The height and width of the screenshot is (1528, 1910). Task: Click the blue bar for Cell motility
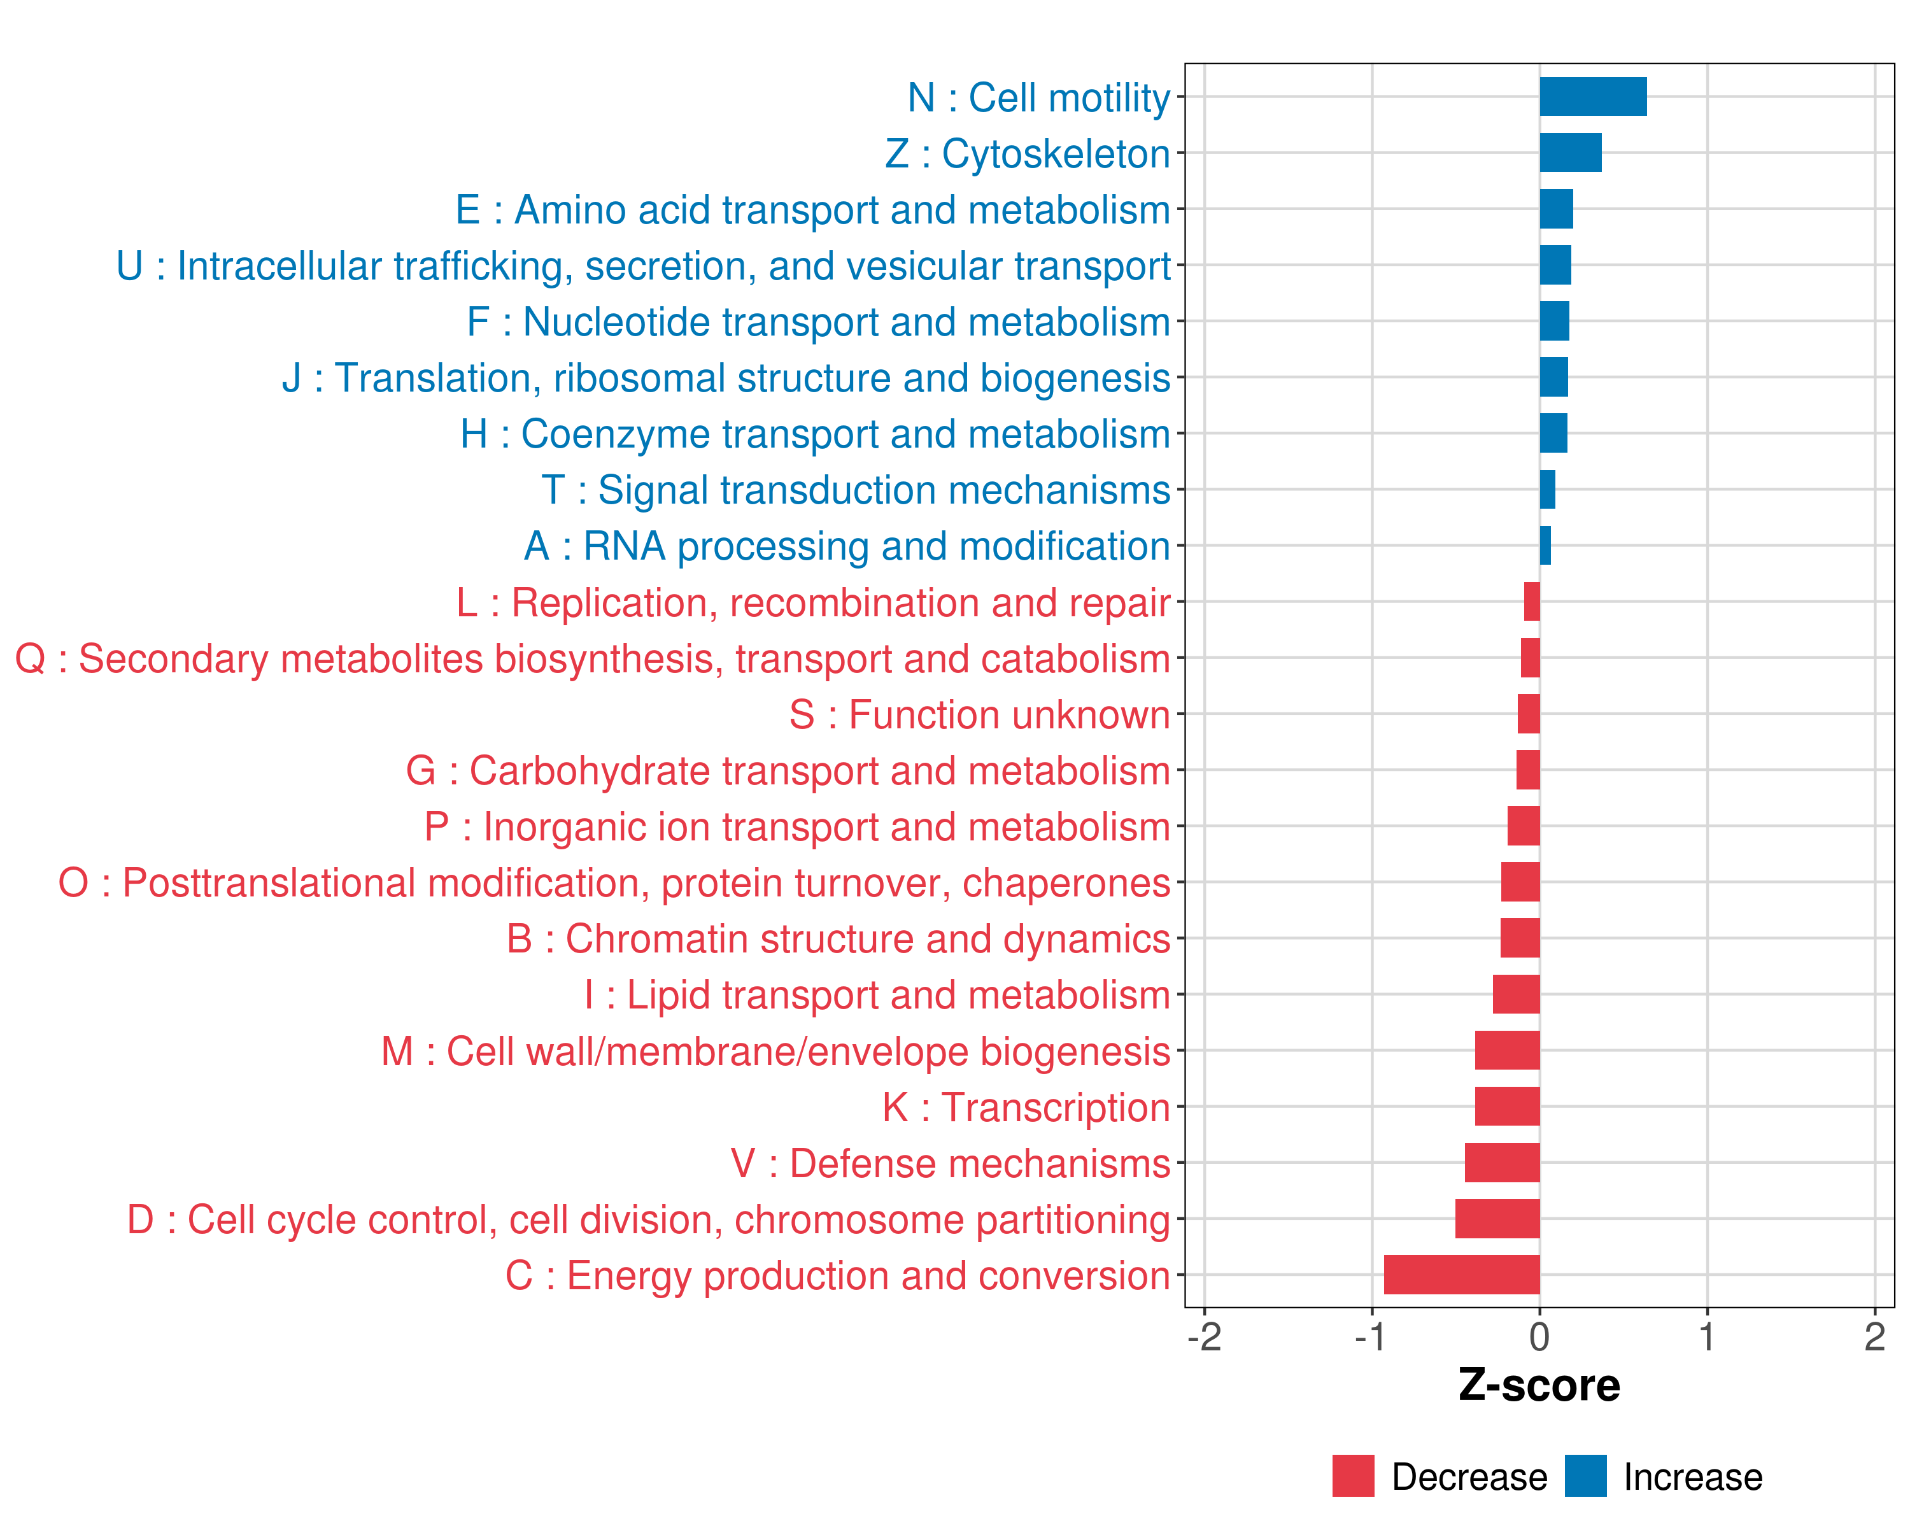1593,97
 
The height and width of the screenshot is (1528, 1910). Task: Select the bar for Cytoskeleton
1570,152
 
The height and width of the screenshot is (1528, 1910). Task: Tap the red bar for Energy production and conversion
1462,1275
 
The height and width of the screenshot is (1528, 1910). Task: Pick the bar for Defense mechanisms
1502,1162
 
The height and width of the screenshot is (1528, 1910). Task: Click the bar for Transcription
1507,1107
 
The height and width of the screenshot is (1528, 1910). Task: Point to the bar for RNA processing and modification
1545,546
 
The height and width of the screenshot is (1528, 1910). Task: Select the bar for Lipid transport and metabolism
1516,994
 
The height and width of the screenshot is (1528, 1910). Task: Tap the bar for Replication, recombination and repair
1532,602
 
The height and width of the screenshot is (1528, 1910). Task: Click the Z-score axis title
1539,1385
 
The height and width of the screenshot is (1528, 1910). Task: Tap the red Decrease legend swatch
1353,1476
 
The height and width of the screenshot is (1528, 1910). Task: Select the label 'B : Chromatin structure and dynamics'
838,939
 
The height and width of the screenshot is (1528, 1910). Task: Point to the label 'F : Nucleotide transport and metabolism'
819,322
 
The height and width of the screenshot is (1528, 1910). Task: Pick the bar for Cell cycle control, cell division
1497,1218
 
